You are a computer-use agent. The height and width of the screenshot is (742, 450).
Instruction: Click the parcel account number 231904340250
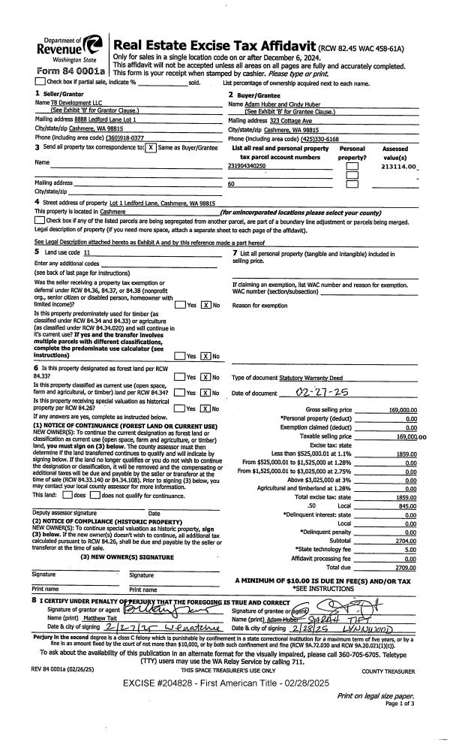[x=247, y=164]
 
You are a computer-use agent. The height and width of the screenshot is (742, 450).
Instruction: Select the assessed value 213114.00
[x=399, y=168]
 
